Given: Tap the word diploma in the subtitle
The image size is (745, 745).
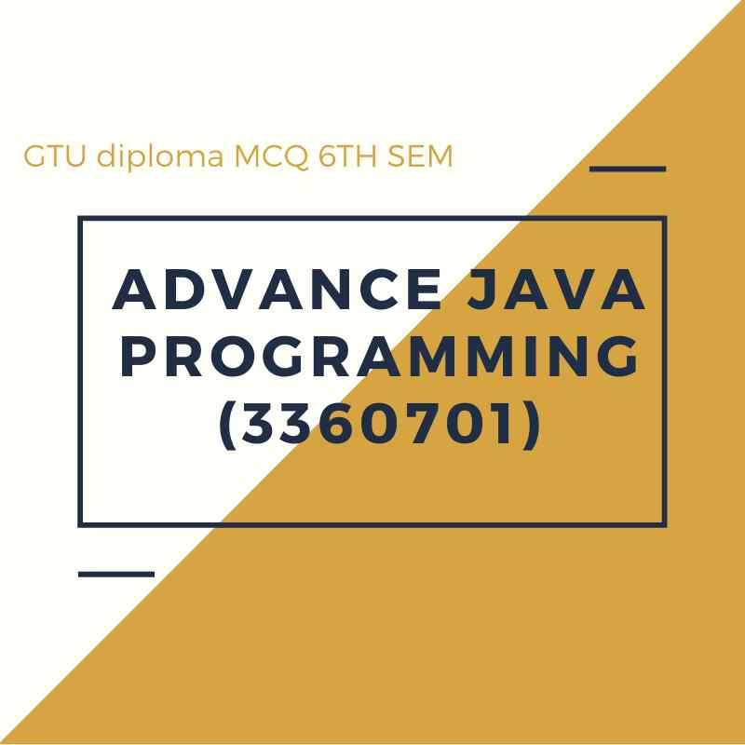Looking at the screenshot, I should [x=158, y=157].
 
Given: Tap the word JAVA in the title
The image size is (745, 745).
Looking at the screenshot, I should [x=553, y=290].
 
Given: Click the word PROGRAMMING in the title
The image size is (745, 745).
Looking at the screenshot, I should [x=380, y=358].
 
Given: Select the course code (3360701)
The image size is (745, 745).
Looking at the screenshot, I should [x=379, y=427].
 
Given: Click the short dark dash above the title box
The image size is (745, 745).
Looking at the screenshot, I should [x=629, y=169].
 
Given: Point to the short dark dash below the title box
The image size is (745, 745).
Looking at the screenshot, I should [x=115, y=574].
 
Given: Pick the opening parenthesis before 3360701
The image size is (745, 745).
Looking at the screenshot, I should [x=226, y=427].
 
